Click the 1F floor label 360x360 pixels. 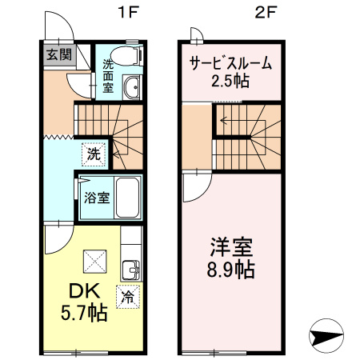pyautogui.click(x=123, y=13)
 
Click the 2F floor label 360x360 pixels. pyautogui.click(x=266, y=13)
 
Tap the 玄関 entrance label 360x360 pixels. pyautogui.click(x=58, y=55)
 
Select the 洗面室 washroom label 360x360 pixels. pyautogui.click(x=106, y=78)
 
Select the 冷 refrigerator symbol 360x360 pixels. pyautogui.click(x=127, y=297)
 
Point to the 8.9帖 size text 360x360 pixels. pyautogui.click(x=229, y=270)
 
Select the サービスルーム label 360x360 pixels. pyautogui.click(x=230, y=63)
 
